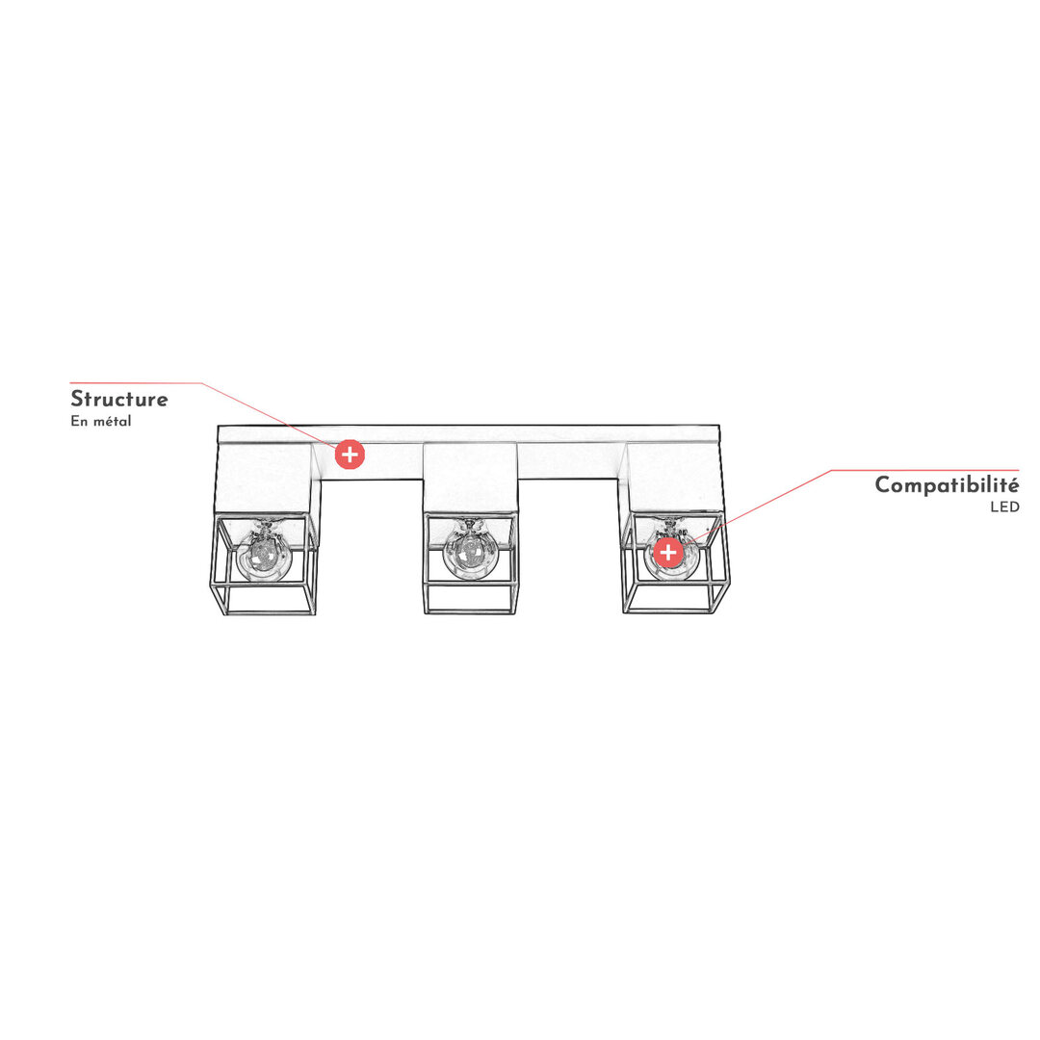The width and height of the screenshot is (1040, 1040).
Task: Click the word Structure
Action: point(119,399)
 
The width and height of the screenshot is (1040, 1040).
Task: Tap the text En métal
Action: point(101,421)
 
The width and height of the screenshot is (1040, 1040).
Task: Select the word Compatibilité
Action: point(947,484)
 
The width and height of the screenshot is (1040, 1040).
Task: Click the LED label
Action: point(1004,507)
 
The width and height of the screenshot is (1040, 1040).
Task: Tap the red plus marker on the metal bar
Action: point(350,455)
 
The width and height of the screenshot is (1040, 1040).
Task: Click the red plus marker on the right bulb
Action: point(668,552)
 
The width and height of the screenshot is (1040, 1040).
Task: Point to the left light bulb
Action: point(264,554)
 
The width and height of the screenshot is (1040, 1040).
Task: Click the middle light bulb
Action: point(470,551)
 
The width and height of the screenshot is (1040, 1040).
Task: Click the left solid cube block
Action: point(266,478)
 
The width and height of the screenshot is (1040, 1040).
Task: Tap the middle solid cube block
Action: point(470,478)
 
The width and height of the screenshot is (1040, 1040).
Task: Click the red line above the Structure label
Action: point(136,382)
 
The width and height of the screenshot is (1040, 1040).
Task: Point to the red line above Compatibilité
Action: point(924,470)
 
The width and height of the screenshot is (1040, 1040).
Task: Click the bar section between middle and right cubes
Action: point(572,460)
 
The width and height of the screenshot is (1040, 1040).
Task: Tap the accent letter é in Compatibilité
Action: point(1013,483)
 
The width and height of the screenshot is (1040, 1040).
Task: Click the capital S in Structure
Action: point(78,399)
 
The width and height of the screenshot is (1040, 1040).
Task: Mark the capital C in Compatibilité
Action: point(884,484)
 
